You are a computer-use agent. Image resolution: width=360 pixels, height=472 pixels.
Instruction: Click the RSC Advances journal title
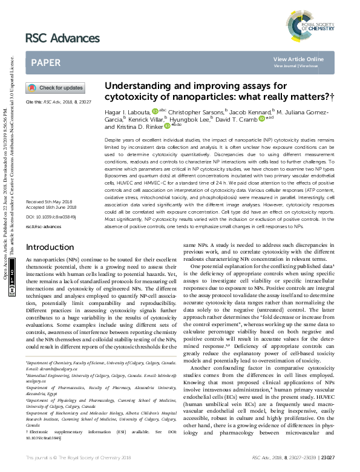[62, 38]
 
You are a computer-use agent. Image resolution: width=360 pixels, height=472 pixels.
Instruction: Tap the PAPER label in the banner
[45, 62]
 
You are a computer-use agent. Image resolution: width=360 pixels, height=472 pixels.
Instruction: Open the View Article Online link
[298, 59]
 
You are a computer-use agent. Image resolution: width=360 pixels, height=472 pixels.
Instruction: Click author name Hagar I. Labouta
[128, 112]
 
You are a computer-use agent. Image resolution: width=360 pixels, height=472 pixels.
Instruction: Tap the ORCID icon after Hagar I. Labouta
[155, 111]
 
